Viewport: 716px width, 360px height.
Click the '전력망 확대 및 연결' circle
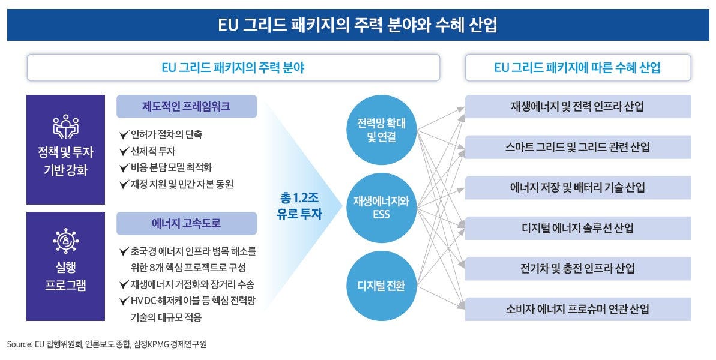pyautogui.click(x=381, y=130)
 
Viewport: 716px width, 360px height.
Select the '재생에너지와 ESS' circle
pyautogui.click(x=381, y=208)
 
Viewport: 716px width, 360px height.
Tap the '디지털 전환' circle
pyautogui.click(x=381, y=286)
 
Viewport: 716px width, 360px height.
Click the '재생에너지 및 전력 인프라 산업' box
pyautogui.click(x=577, y=106)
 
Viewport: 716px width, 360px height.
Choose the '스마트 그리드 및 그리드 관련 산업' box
pyautogui.click(x=577, y=147)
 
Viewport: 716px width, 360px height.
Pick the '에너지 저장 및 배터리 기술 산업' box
pyautogui.click(x=577, y=188)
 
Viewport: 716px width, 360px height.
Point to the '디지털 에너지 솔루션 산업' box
pyautogui.click(x=577, y=228)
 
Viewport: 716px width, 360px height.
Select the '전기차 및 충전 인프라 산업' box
pyautogui.click(x=577, y=268)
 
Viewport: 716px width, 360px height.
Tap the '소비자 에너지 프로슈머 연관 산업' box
pyautogui.click(x=577, y=309)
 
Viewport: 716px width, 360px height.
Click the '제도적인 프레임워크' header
pyautogui.click(x=186, y=106)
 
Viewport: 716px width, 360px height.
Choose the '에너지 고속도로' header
pyautogui.click(x=186, y=223)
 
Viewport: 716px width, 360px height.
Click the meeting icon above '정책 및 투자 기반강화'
pyautogui.click(x=66, y=127)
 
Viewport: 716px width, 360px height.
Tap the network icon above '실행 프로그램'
pyautogui.click(x=66, y=241)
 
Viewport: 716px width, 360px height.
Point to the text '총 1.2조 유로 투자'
pyautogui.click(x=299, y=206)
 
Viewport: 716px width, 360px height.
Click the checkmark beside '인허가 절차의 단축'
pyautogui.click(x=124, y=134)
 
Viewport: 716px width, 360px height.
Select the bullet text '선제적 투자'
pyautogui.click(x=153, y=151)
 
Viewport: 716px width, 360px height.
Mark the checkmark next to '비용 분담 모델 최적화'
pyautogui.click(x=124, y=167)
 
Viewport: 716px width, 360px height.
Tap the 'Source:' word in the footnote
pyautogui.click(x=20, y=344)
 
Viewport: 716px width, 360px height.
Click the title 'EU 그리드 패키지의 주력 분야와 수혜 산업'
pyautogui.click(x=358, y=25)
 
